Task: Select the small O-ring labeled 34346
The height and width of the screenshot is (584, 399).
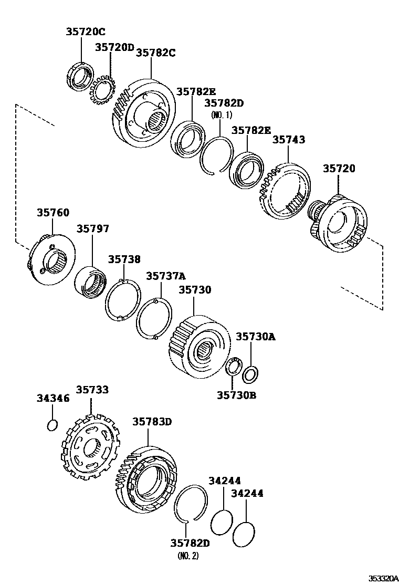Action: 52,424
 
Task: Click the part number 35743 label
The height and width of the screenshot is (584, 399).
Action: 289,140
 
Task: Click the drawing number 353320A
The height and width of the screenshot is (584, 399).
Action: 382,578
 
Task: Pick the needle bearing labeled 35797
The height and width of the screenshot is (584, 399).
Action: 91,283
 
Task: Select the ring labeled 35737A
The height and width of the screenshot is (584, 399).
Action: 153,319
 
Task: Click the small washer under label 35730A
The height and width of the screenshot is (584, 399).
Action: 250,374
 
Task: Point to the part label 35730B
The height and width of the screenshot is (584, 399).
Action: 236,395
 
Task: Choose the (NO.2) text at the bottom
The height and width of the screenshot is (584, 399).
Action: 188,555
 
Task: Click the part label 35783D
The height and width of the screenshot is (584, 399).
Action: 152,421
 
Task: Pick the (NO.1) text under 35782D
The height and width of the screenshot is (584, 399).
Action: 221,114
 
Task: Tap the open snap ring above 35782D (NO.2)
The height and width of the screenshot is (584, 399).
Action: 190,504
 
